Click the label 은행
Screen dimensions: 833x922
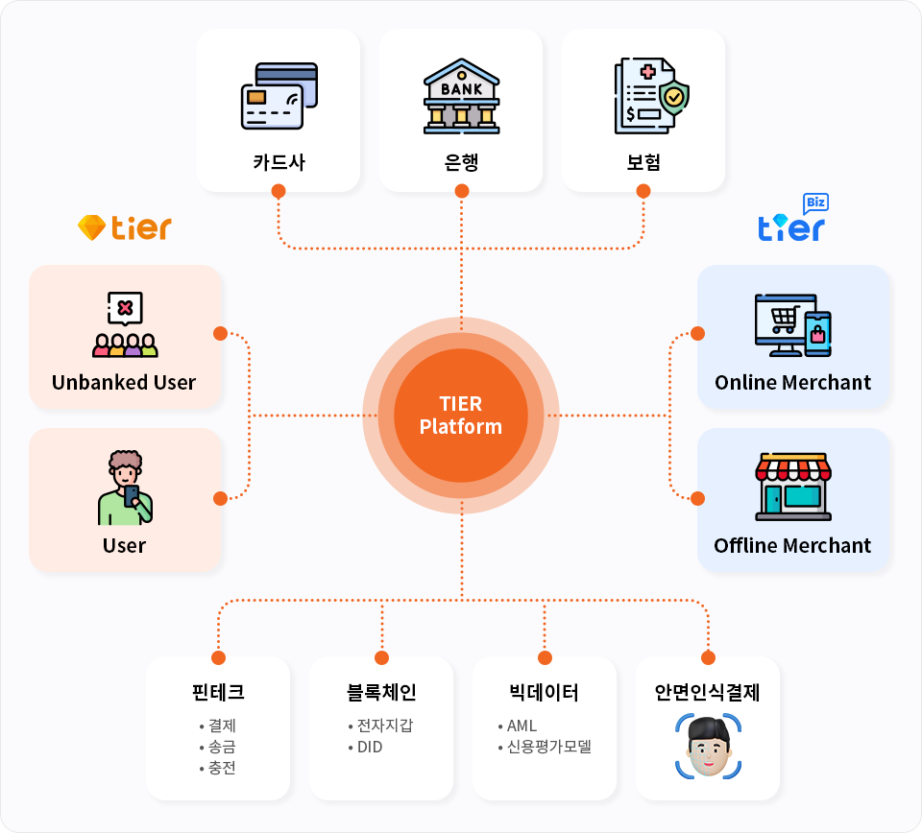click(461, 161)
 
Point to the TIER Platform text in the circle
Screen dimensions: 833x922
click(461, 415)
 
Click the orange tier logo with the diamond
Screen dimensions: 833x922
click(125, 227)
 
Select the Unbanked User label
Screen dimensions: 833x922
click(124, 382)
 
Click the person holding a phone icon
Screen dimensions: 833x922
click(125, 488)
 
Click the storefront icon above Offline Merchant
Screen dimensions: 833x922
click(792, 488)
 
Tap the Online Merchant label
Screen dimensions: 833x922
click(792, 382)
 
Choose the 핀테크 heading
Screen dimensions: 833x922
click(218, 693)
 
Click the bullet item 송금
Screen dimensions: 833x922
click(221, 747)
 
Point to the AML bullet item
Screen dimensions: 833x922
click(522, 726)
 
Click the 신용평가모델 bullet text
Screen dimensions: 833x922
click(548, 747)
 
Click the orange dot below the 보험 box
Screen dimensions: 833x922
click(643, 191)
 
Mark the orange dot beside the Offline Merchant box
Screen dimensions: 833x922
click(698, 498)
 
